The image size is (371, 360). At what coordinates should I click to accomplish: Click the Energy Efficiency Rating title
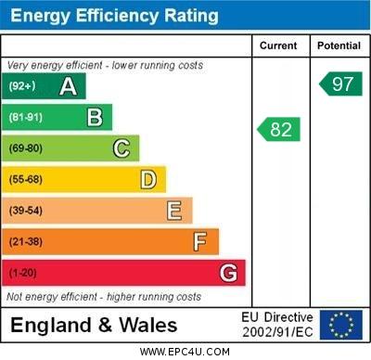[x=114, y=16]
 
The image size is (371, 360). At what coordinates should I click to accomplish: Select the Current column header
[x=278, y=45]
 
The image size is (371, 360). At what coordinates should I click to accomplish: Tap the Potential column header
[x=339, y=45]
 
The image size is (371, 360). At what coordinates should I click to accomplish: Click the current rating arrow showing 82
[x=279, y=129]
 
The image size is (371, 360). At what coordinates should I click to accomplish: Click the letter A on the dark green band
[x=68, y=86]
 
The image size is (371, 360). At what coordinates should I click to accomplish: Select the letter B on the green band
[x=95, y=117]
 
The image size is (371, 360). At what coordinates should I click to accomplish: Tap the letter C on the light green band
[x=122, y=148]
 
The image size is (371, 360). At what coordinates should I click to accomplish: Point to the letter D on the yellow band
[x=148, y=179]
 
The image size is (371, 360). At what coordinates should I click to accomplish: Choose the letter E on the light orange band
[x=174, y=211]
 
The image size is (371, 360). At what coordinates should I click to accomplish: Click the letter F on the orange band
[x=200, y=242]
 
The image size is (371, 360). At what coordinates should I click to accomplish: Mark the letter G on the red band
[x=228, y=273]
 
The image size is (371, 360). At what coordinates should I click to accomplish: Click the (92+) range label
[x=21, y=86]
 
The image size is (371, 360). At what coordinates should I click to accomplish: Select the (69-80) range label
[x=26, y=148]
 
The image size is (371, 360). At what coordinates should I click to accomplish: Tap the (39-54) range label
[x=26, y=211]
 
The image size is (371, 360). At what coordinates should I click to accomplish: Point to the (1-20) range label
[x=23, y=274]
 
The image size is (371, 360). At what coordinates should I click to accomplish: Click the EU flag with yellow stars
[x=340, y=325]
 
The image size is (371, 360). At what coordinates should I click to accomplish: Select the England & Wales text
[x=93, y=325]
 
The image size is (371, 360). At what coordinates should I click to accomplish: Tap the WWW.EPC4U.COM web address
[x=185, y=352]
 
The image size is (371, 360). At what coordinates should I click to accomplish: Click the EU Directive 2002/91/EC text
[x=278, y=325]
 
